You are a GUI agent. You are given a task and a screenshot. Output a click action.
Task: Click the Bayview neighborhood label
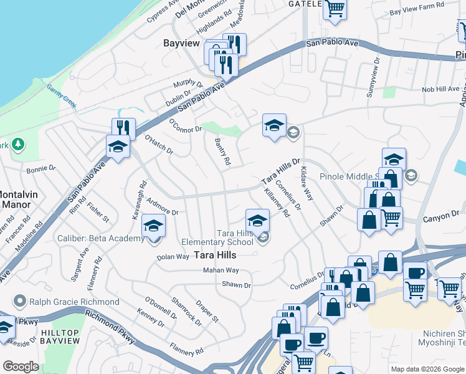(181, 44)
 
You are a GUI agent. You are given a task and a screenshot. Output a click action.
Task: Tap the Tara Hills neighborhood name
(216, 254)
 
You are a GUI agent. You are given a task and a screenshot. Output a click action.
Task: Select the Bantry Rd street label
(222, 153)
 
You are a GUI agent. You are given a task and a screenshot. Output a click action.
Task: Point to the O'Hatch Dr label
(158, 145)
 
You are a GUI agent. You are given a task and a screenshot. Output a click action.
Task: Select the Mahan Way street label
(221, 270)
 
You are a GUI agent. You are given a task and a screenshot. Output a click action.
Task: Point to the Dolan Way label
(173, 256)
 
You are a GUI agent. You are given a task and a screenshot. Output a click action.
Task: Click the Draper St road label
(207, 311)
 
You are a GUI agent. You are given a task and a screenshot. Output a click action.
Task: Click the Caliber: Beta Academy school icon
(153, 228)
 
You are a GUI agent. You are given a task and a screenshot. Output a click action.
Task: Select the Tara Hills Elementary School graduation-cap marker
(257, 221)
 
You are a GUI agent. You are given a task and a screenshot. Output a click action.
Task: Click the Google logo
(20, 367)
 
